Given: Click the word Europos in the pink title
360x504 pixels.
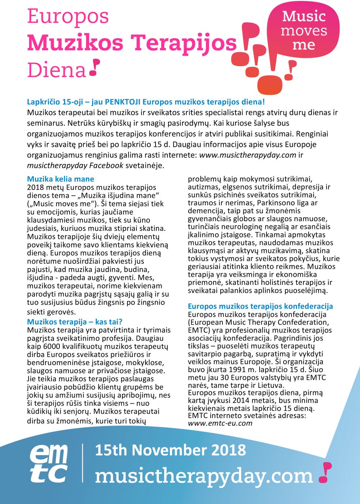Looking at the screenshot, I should click(x=68, y=17).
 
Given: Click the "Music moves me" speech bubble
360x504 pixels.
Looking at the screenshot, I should click(x=304, y=31).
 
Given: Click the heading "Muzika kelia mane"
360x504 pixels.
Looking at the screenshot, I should click(x=60, y=179).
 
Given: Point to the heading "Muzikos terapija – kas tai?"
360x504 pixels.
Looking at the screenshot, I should click(x=75, y=322).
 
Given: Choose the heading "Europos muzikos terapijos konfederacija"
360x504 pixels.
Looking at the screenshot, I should click(x=260, y=306).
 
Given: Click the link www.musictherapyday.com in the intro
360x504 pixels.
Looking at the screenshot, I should click(x=248, y=155).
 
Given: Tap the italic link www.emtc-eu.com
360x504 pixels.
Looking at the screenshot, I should click(x=220, y=423).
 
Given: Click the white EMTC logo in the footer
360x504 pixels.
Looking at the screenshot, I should click(x=49, y=463).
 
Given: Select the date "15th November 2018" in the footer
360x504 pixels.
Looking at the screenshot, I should click(x=170, y=450).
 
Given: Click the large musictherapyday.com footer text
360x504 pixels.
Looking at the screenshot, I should click(x=204, y=476).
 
